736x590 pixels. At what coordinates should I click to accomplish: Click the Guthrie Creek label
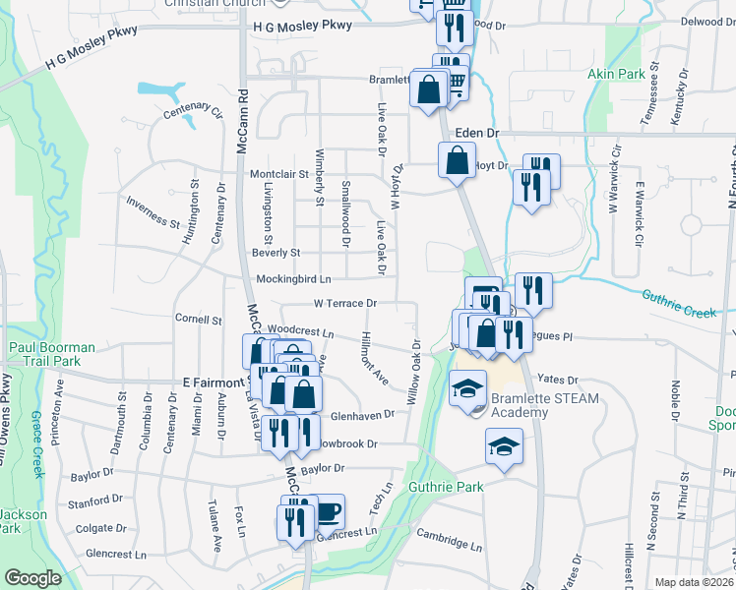(x=678, y=303)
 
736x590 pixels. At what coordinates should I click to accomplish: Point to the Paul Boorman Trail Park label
(x=52, y=355)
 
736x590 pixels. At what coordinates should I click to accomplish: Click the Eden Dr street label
(x=478, y=132)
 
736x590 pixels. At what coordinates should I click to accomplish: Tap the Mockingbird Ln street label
(x=293, y=278)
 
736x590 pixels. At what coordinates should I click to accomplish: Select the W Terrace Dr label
(x=345, y=304)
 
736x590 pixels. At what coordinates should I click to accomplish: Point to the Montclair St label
(x=279, y=174)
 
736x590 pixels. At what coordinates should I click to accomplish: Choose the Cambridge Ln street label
(x=449, y=540)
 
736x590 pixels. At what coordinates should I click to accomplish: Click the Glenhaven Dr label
(x=362, y=415)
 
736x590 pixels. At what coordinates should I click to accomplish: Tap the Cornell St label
(x=198, y=320)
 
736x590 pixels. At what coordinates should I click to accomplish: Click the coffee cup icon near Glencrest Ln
(x=328, y=511)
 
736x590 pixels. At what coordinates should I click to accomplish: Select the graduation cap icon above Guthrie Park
(x=503, y=447)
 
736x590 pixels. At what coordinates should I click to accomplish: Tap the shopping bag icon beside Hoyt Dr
(x=457, y=159)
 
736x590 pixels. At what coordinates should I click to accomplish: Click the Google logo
(x=33, y=578)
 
